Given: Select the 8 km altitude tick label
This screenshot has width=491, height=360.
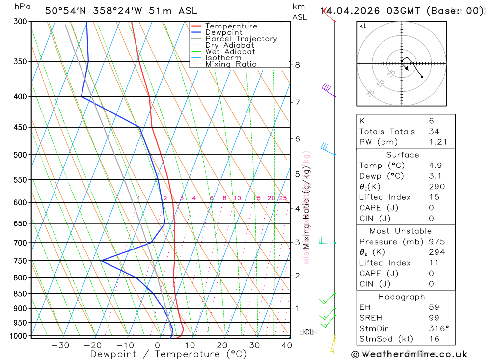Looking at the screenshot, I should (x=298, y=65).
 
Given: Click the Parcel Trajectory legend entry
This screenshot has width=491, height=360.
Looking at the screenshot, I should (x=241, y=39).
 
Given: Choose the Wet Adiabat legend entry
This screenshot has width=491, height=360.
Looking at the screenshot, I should (x=230, y=52).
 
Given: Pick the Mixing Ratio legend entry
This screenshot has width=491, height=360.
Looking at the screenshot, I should (x=231, y=64).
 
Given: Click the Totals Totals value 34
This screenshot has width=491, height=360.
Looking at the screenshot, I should (x=434, y=131).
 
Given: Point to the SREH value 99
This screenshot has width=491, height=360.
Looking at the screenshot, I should (x=434, y=318).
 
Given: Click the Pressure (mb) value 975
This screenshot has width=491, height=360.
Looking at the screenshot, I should (x=436, y=242).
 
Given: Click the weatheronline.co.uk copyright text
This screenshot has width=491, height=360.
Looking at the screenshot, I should (x=409, y=354).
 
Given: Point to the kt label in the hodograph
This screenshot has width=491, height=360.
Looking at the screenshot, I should (x=363, y=26).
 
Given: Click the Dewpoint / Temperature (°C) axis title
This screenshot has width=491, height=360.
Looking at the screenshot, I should (x=168, y=354).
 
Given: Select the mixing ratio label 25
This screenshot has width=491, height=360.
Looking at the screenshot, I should (x=283, y=198).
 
